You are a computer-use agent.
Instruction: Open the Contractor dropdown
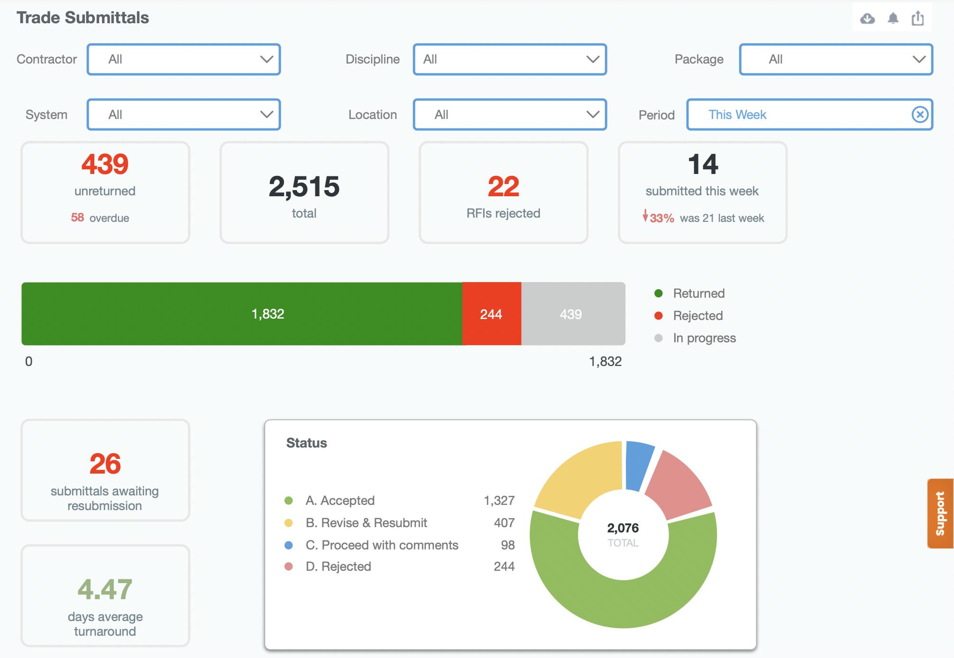pos(183,59)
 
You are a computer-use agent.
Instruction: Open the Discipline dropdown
pos(510,59)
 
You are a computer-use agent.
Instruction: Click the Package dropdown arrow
pos(919,59)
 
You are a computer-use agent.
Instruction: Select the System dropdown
pos(183,114)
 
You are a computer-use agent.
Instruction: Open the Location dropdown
pos(510,114)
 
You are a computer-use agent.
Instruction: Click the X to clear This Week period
pos(920,114)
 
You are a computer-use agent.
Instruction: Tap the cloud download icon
pos(867,18)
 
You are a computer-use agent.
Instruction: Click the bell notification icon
pos(893,18)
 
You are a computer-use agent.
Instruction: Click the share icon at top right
pos(918,18)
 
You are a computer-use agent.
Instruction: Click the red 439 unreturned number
pos(105,164)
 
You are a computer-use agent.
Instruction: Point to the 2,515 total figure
pos(304,186)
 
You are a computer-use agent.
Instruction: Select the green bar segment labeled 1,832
pos(242,314)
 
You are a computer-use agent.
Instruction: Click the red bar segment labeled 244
pos(491,314)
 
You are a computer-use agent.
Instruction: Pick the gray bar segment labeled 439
pos(573,314)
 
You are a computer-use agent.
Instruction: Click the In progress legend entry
pos(704,338)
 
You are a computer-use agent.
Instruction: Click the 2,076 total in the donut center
pos(623,528)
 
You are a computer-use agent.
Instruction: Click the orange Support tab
pos(940,513)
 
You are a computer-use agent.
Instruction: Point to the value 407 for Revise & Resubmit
pos(504,523)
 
